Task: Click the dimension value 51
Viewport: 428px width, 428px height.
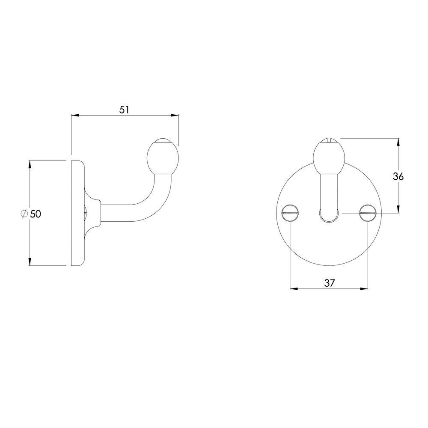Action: (124, 110)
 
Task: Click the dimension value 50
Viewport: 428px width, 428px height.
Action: (36, 214)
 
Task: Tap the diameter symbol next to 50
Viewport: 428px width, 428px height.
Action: (24, 214)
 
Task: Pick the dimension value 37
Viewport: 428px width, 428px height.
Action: (329, 283)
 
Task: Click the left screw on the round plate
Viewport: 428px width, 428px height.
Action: (291, 212)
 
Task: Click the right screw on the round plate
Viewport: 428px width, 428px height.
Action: (368, 212)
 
